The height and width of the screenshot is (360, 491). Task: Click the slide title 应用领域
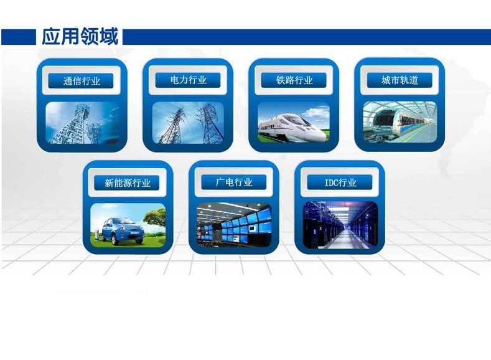tap(80, 36)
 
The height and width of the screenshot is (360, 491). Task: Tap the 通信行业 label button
tap(81, 81)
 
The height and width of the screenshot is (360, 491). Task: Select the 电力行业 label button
tap(188, 80)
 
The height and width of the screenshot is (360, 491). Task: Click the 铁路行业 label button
tap(294, 80)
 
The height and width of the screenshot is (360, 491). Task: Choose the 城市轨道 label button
tap(400, 80)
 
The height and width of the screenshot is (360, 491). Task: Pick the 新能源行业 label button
tap(127, 182)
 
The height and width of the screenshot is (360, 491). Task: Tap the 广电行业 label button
tap(234, 182)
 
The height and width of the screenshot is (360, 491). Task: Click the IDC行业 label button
tap(340, 182)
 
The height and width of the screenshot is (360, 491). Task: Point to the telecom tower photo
tap(82, 123)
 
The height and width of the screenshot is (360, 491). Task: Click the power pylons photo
tap(188, 123)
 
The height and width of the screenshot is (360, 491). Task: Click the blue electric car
tap(123, 231)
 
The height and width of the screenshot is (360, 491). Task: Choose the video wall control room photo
tap(234, 225)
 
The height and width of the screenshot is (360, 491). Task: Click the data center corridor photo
tap(340, 225)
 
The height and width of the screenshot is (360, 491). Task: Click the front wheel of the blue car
tap(115, 239)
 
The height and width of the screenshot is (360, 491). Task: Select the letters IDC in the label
tap(331, 182)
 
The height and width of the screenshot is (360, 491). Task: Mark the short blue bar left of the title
tap(19, 37)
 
